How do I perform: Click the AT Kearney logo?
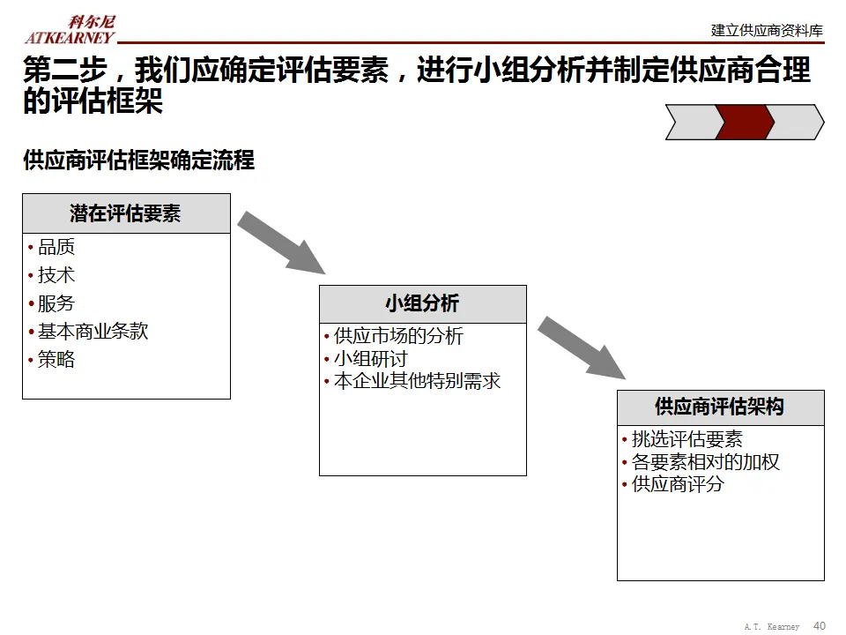(x=70, y=29)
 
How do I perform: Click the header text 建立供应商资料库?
(x=767, y=30)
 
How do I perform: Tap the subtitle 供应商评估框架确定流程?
(x=138, y=161)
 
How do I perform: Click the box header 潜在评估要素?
(x=126, y=213)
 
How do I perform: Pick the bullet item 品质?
(x=56, y=248)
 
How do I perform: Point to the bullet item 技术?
(x=56, y=276)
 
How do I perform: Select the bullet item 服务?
(x=56, y=304)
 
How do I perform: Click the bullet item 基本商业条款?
(x=93, y=332)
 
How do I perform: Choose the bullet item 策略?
(x=56, y=360)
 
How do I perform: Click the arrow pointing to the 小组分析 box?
(x=281, y=243)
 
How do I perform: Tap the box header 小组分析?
(x=422, y=304)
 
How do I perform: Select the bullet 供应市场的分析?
(x=398, y=336)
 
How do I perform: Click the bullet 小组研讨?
(x=370, y=359)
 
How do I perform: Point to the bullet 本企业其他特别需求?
(x=417, y=382)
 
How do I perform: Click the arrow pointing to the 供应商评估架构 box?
(x=582, y=347)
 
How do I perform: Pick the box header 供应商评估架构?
(x=720, y=407)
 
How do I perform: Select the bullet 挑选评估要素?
(x=687, y=439)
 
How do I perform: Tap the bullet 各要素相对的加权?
(x=706, y=462)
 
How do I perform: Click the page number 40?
(x=820, y=625)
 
